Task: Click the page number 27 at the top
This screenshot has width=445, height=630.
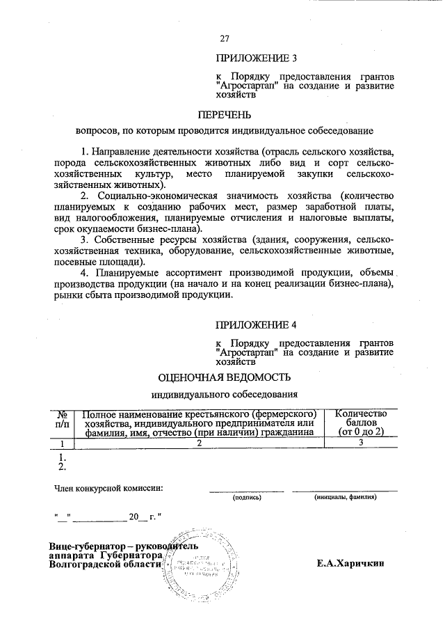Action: (225, 39)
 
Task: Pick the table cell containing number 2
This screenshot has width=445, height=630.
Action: (199, 443)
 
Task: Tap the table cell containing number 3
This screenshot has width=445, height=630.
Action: (361, 443)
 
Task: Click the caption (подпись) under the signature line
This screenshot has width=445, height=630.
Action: (247, 498)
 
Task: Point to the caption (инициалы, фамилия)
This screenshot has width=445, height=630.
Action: (345, 498)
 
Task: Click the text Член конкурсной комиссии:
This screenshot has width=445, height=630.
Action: (108, 487)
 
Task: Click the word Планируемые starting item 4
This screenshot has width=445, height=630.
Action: (130, 273)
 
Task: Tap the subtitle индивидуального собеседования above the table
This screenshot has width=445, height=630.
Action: (224, 395)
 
